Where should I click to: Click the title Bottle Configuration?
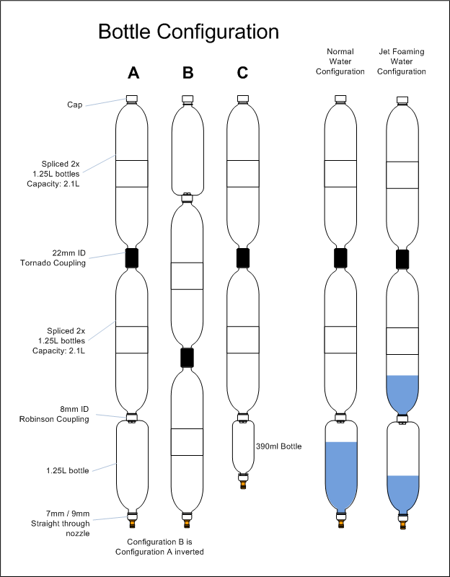point(188,32)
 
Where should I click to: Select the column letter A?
point(133,74)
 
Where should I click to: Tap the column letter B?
point(187,74)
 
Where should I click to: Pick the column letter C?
point(242,74)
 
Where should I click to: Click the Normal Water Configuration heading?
point(340,61)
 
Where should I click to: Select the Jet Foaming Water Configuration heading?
point(402,61)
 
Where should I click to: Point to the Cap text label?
point(75,105)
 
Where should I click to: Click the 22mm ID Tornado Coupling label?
point(53,258)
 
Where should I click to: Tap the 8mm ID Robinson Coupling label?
point(54,414)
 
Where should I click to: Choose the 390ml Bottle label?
point(278,446)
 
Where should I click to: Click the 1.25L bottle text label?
point(67,471)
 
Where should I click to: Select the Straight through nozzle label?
point(61,524)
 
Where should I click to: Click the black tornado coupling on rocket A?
point(132,257)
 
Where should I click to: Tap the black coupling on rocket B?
point(187,357)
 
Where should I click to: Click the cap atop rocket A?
point(132,98)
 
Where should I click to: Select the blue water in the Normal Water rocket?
point(340,477)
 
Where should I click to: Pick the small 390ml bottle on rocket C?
point(243,446)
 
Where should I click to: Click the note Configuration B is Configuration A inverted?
point(159,547)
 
